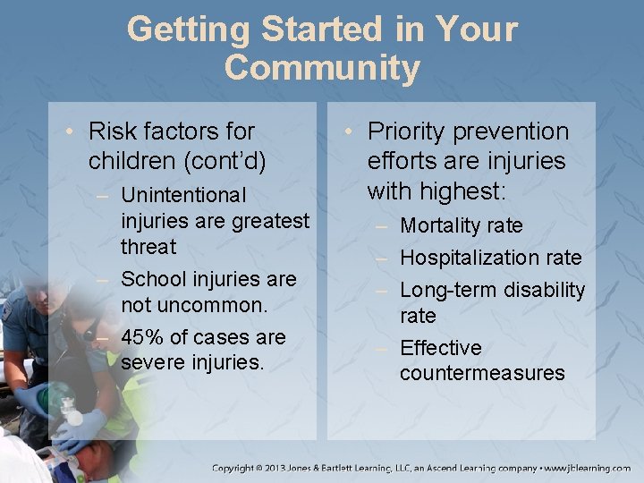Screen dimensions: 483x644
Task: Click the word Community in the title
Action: tap(322, 67)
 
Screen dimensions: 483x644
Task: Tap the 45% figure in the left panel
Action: tap(140, 337)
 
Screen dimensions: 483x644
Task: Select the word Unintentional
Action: tap(182, 194)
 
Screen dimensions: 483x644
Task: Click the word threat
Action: tap(148, 246)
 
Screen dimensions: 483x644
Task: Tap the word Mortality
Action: tap(444, 225)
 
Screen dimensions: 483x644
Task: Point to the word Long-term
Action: tap(447, 290)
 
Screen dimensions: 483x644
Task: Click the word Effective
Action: tap(440, 347)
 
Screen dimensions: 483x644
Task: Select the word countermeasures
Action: tap(482, 373)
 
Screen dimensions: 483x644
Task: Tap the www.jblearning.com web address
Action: tap(587, 468)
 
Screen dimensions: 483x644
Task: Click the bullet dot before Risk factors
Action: tap(71, 131)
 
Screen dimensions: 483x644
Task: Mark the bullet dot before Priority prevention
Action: tap(350, 131)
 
